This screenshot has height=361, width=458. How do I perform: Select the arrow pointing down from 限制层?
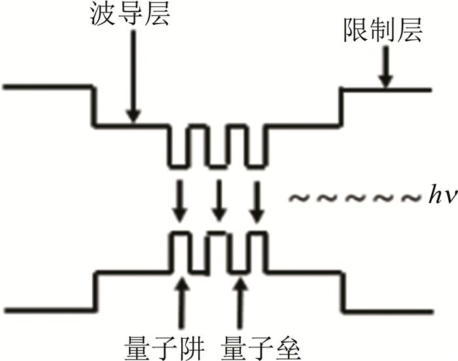pyautogui.click(x=385, y=69)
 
